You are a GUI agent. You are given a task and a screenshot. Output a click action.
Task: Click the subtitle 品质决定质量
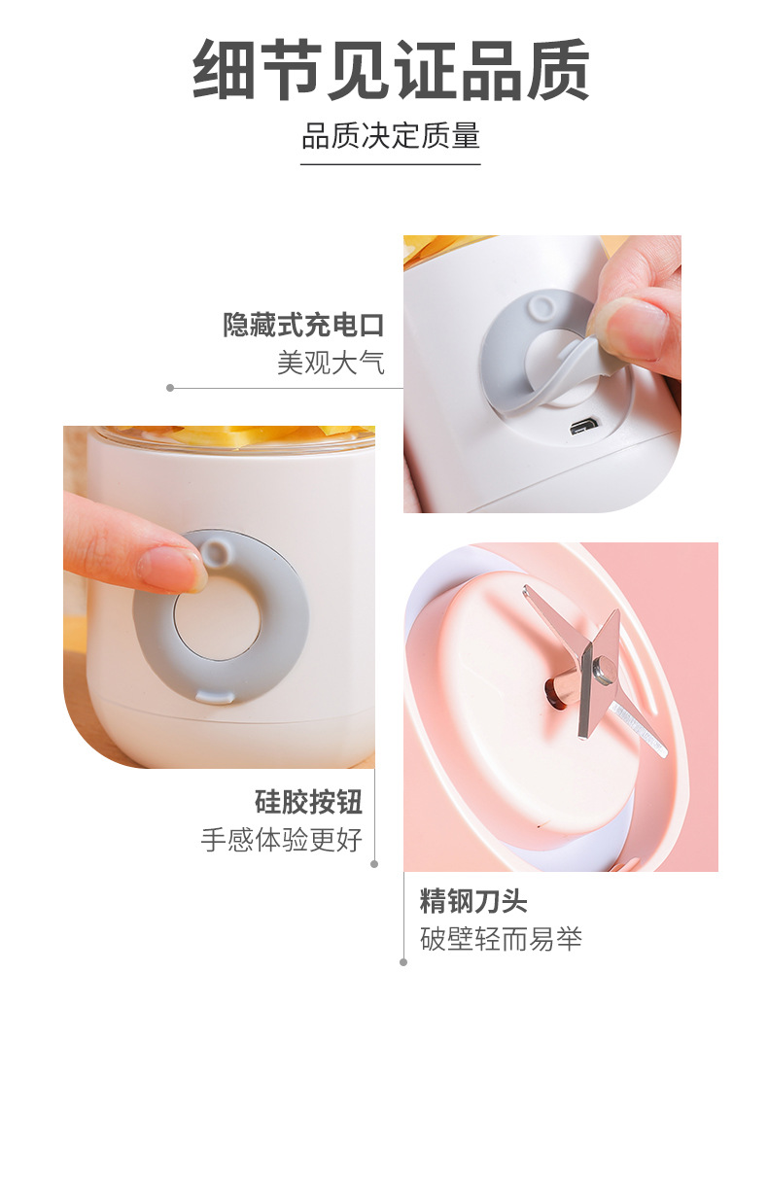(391, 135)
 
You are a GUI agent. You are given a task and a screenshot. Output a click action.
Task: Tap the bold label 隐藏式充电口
(304, 325)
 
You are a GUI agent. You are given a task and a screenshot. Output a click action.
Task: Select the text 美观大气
(332, 363)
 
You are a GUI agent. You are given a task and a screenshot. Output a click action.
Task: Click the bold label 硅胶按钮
(308, 802)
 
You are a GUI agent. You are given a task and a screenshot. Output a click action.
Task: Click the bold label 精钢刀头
(473, 901)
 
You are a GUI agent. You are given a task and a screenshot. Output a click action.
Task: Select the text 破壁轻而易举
(502, 939)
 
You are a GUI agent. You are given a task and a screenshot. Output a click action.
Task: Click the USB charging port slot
(583, 426)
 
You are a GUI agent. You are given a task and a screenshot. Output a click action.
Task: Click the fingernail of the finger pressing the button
(174, 569)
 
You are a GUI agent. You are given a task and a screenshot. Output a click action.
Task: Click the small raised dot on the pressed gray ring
(215, 553)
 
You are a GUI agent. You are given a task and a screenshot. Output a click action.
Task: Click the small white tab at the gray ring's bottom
(212, 695)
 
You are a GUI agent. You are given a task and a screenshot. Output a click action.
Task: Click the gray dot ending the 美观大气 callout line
(170, 388)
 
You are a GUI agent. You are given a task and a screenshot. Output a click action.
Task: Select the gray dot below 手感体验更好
(374, 862)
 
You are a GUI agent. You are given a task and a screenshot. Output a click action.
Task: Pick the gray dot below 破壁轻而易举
(403, 962)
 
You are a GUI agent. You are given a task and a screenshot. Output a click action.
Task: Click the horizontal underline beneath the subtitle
(391, 164)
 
